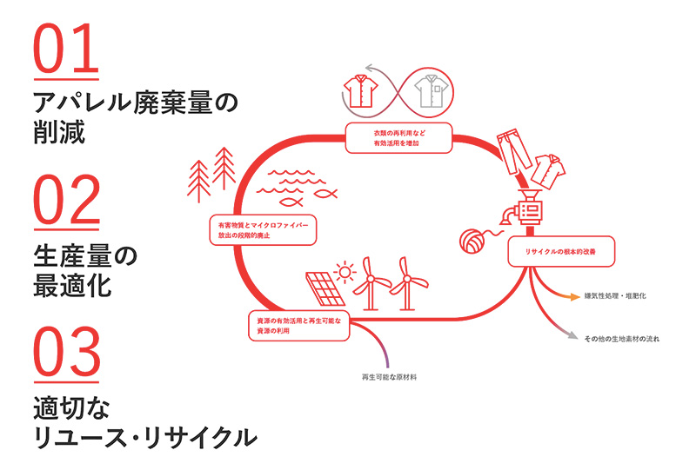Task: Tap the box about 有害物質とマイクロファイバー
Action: click(x=264, y=229)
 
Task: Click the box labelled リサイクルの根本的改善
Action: click(x=565, y=251)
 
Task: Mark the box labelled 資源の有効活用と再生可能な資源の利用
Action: click(x=298, y=326)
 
